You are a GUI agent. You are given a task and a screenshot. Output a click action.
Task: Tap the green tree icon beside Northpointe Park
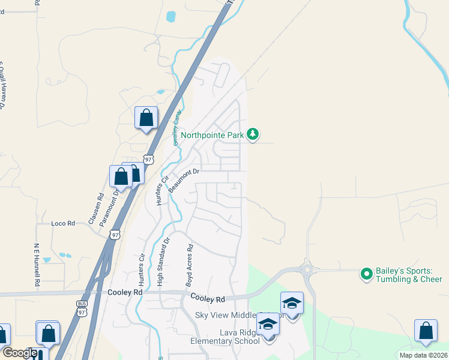253,134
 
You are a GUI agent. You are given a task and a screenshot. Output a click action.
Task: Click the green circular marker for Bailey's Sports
366,274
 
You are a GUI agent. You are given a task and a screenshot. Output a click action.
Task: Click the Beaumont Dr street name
183,180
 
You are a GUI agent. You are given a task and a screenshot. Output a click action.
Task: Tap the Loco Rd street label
62,223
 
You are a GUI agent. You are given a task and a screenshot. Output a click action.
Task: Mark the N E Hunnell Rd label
37,265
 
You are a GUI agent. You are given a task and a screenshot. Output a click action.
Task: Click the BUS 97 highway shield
82,308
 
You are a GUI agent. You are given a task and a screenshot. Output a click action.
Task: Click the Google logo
19,353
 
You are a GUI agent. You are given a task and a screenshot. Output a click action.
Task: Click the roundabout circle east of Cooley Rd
308,269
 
